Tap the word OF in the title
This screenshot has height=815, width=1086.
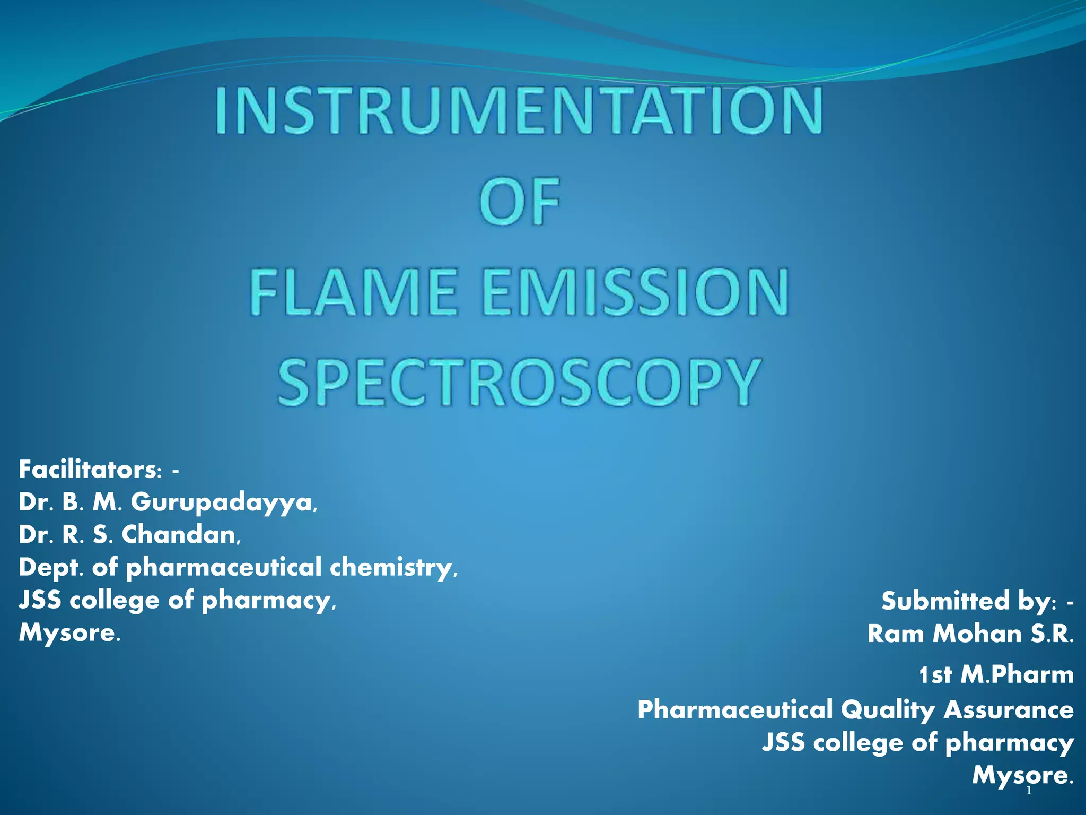[519, 202]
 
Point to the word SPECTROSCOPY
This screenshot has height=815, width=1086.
[519, 382]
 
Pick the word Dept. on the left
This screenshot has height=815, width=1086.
[51, 568]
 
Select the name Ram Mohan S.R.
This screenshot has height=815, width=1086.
[970, 634]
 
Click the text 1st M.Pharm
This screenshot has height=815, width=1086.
[996, 675]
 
